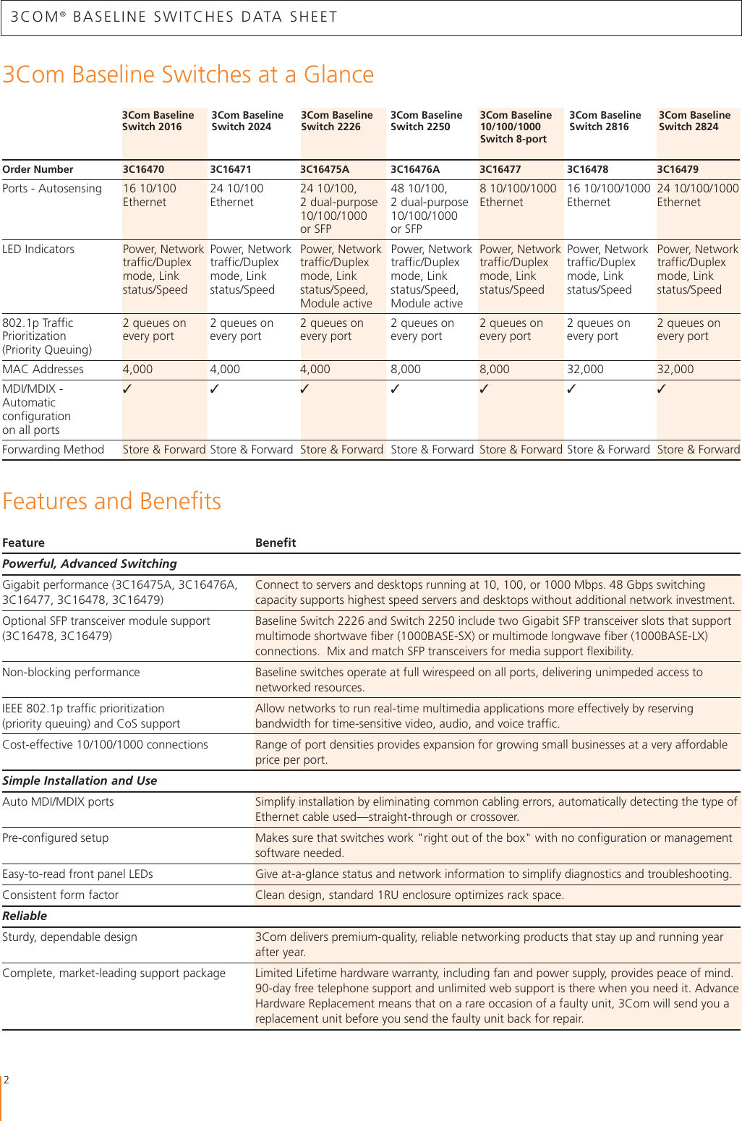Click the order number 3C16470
click(x=143, y=169)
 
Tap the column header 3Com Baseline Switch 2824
click(x=694, y=121)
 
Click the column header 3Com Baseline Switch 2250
click(x=426, y=121)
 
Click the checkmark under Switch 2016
click(x=127, y=389)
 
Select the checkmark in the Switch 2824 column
click(x=662, y=389)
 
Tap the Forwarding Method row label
click(x=54, y=449)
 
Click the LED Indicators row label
click(x=38, y=249)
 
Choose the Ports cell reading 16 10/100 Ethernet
click(x=149, y=195)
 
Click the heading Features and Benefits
click(x=111, y=500)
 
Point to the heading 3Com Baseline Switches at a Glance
click(x=188, y=74)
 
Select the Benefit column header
click(x=276, y=542)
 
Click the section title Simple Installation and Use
click(x=80, y=780)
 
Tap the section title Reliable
click(x=25, y=916)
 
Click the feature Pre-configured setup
click(x=56, y=837)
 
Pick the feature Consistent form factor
click(x=61, y=895)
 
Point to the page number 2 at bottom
click(x=7, y=1080)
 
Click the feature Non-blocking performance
click(x=71, y=672)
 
